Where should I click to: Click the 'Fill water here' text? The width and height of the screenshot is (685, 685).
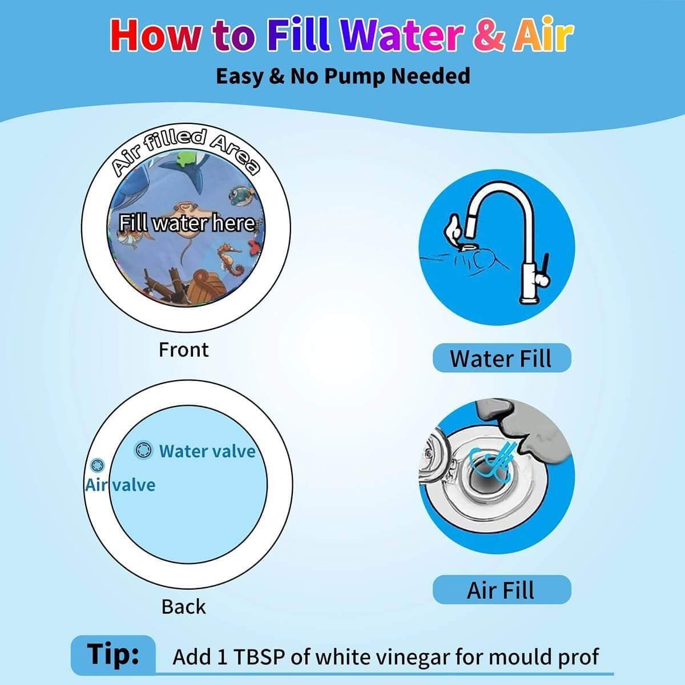[x=187, y=223]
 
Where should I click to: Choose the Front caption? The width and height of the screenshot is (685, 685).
[x=183, y=350]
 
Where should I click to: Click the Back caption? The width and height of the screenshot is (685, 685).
[x=183, y=606]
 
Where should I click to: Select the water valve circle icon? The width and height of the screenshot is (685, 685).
[x=144, y=450]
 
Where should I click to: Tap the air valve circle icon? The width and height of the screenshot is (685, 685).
[x=97, y=465]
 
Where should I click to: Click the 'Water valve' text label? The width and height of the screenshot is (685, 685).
[x=207, y=451]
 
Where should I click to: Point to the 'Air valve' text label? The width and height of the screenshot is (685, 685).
[x=120, y=485]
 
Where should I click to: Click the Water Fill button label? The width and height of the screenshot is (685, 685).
[x=501, y=358]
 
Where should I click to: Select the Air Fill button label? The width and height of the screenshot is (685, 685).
[x=501, y=590]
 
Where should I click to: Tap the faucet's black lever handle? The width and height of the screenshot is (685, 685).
[x=545, y=267]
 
